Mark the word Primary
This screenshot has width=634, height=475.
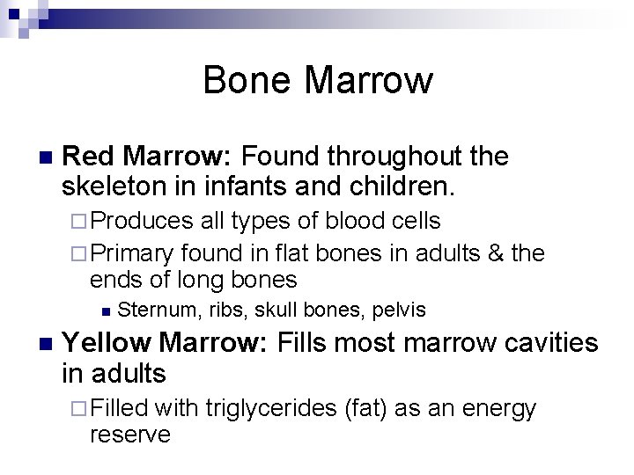tap(131, 254)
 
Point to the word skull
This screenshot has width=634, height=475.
tap(276, 310)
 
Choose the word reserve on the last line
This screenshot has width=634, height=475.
tap(129, 435)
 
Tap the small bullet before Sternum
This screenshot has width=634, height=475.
tap(105, 310)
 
